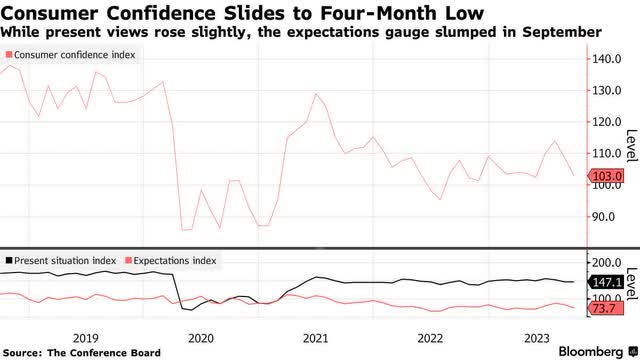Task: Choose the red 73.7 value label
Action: coord(603,309)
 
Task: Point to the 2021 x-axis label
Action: coord(316,337)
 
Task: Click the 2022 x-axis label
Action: coord(431,337)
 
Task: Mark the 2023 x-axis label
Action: coord(545,337)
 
